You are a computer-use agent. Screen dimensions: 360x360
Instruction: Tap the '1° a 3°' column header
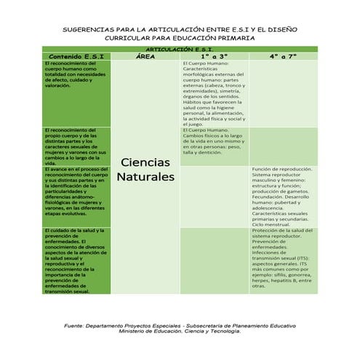215,56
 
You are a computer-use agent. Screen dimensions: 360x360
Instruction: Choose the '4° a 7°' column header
283,56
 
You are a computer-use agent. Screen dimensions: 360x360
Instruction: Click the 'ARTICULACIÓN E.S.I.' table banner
180,49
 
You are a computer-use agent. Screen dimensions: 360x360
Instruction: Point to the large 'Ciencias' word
145,161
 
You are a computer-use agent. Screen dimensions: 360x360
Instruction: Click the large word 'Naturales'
145,177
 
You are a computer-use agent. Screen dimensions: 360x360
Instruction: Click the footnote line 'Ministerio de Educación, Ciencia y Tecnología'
180,332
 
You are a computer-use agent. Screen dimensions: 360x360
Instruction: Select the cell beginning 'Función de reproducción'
283,196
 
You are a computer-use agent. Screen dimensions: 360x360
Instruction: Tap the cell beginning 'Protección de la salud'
283,259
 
